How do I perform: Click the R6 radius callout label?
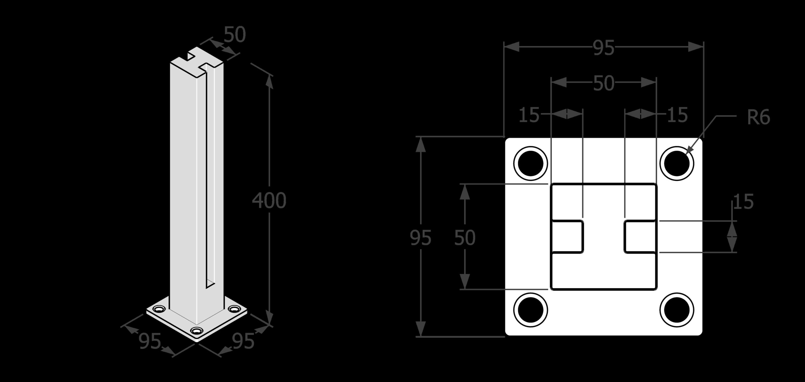pos(758,118)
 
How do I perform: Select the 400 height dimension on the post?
pos(269,200)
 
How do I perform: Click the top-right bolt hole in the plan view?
pos(677,163)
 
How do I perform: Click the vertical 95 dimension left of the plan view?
pos(421,238)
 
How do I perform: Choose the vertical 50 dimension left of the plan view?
pos(465,238)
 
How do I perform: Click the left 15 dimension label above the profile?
pos(529,115)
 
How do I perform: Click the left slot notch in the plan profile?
pos(567,237)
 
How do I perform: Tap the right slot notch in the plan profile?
pos(640,237)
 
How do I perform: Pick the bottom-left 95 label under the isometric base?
pos(150,341)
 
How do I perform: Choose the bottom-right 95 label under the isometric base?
pos(243,341)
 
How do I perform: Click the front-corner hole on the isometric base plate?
pos(197,331)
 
